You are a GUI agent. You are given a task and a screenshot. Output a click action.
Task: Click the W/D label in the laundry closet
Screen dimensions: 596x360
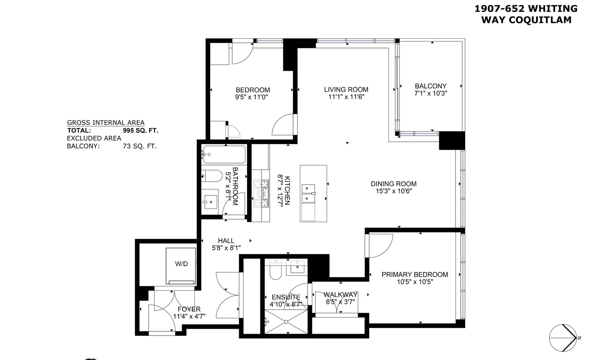[181, 264]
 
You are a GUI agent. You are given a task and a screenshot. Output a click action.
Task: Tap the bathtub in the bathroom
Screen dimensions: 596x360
[224, 154]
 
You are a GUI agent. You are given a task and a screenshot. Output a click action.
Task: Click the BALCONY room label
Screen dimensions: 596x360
[431, 86]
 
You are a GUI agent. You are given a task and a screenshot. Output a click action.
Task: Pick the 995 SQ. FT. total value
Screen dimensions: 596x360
[140, 131]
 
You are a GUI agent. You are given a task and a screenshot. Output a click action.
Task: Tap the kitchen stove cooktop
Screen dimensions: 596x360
[261, 193]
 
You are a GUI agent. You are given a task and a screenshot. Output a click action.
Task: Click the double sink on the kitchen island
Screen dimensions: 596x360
[308, 194]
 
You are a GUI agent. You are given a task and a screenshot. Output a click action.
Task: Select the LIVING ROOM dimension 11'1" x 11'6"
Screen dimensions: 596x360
[346, 97]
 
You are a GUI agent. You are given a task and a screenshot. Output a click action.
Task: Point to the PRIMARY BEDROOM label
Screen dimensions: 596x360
[415, 275]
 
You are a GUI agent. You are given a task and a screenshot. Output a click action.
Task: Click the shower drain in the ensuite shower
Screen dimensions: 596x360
[286, 322]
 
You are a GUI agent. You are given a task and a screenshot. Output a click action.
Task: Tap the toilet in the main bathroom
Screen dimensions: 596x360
[212, 176]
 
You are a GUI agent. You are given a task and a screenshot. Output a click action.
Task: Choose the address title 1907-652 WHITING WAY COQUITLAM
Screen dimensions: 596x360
[526, 15]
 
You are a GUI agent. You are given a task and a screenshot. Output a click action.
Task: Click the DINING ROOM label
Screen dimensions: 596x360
[393, 184]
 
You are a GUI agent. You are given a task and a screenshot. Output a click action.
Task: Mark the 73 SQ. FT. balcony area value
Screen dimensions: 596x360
[140, 146]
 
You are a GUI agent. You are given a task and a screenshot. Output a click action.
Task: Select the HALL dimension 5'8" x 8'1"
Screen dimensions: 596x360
[226, 248]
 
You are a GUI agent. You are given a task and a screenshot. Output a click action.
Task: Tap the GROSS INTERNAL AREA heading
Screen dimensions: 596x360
[106, 122]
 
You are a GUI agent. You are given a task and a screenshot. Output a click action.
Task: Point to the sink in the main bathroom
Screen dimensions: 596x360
[210, 202]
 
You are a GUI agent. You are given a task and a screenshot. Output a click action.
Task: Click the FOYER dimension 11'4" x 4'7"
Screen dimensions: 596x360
[189, 316]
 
